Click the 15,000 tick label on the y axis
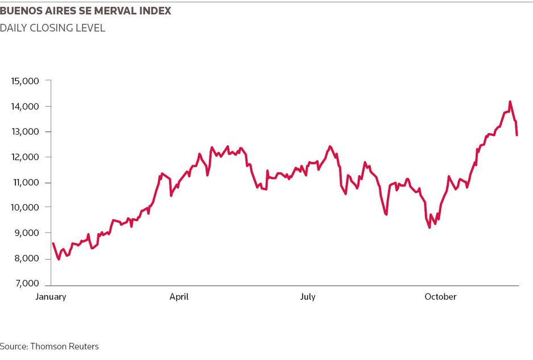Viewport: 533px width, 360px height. (25, 81)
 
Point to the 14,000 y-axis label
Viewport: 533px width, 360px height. (25, 106)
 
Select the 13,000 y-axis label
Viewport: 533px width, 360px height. (25, 131)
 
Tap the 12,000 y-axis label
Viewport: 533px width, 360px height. (25, 157)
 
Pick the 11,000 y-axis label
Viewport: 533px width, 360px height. (26, 183)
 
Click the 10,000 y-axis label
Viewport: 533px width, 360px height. (25, 208)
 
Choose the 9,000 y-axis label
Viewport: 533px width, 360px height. (27, 233)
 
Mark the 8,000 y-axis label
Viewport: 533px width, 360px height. (27, 258)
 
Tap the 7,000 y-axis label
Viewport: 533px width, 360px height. (27, 283)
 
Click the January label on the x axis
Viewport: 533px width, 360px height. (51, 297)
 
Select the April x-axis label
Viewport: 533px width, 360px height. (179, 297)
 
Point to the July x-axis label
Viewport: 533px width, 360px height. (308, 297)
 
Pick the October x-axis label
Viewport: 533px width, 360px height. (440, 297)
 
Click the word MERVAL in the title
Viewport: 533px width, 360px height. (115, 11)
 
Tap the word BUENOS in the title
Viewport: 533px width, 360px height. (18, 11)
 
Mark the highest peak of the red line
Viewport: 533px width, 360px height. (510, 101)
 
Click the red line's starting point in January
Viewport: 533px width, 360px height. (53, 243)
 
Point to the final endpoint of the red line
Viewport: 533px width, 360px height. (517, 135)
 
